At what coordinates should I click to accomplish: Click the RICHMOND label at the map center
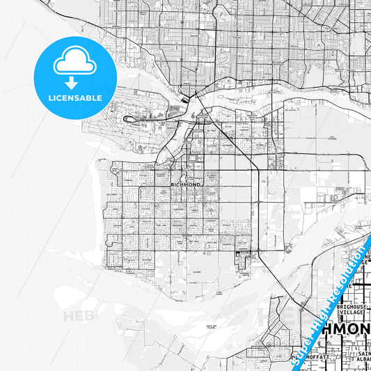(186, 184)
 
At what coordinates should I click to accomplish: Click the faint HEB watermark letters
(77, 317)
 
